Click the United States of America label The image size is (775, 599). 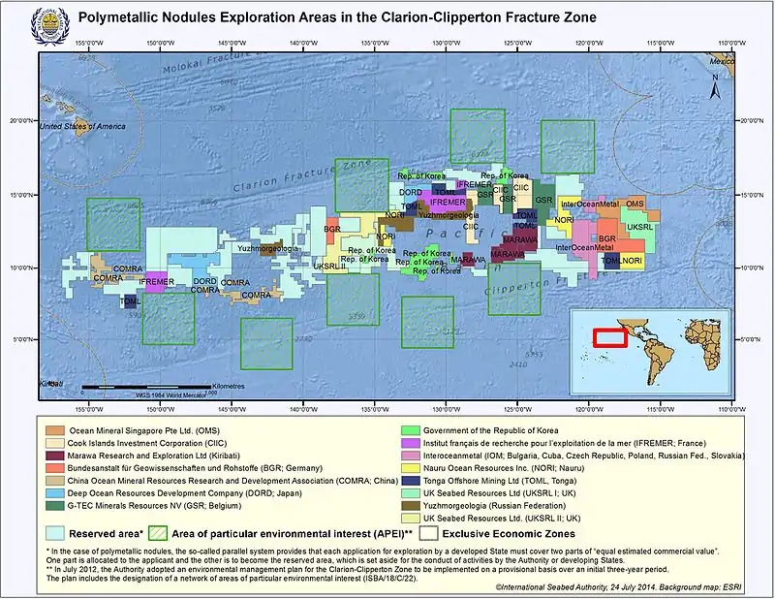83,126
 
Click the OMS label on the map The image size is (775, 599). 635,204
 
